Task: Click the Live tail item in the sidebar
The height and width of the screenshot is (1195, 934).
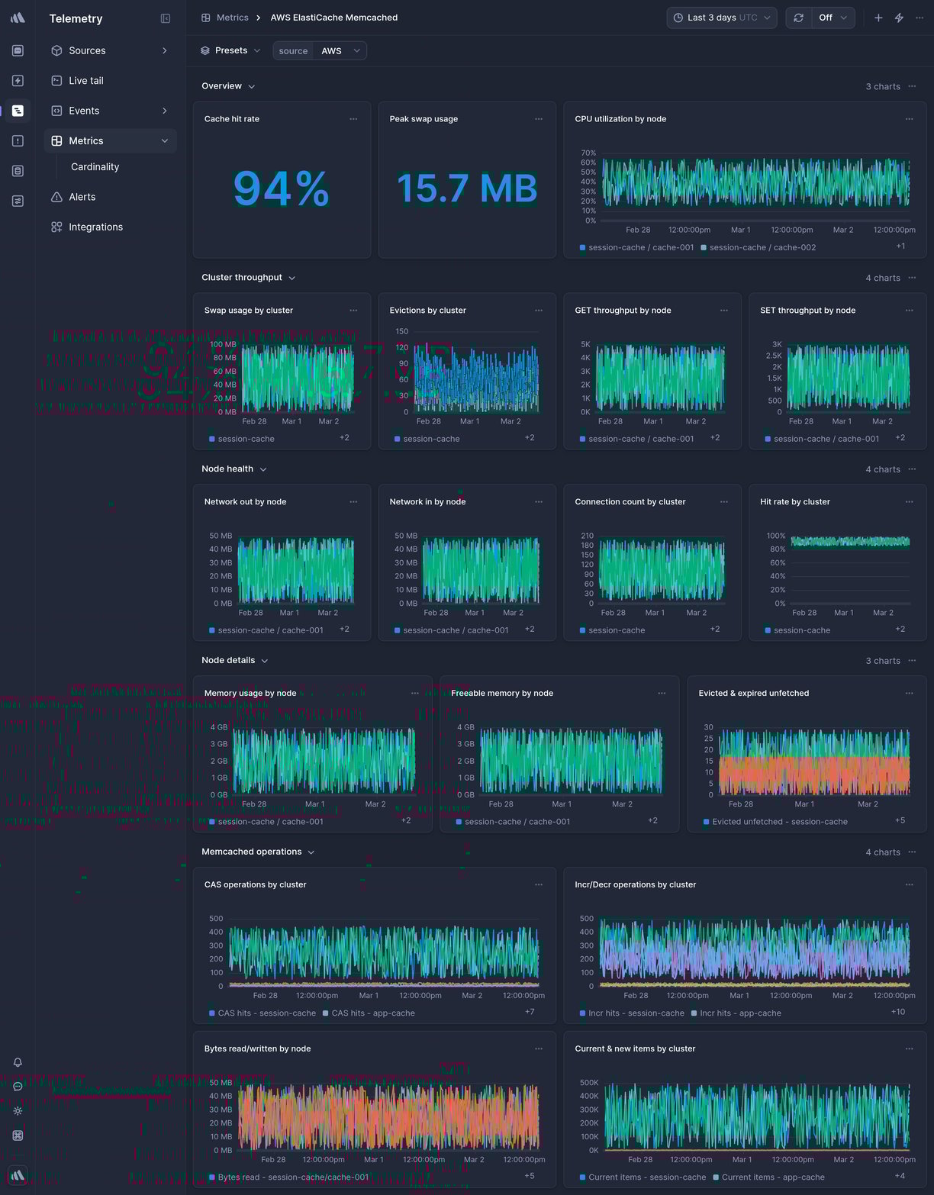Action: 85,81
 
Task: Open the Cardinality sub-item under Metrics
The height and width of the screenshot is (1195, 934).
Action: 95,167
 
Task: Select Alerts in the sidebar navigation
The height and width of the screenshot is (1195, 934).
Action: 82,197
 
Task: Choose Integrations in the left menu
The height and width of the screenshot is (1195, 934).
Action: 95,227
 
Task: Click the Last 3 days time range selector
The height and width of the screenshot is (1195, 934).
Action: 721,18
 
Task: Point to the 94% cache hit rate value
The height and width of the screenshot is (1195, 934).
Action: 281,188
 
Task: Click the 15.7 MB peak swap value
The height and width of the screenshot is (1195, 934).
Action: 466,188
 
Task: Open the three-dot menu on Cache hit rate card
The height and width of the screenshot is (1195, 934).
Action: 353,119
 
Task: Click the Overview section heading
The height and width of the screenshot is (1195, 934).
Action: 221,86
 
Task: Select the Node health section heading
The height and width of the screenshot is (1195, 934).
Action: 227,469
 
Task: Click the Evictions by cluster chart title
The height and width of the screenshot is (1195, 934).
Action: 427,311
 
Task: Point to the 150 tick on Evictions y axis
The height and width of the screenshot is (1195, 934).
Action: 401,332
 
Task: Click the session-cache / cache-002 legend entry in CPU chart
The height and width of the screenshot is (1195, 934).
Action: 762,248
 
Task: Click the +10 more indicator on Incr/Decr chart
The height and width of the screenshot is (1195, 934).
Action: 897,1012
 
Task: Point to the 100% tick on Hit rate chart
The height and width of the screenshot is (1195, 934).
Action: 775,536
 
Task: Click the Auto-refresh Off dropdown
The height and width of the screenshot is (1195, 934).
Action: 832,18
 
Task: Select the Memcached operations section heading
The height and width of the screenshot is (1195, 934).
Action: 251,852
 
